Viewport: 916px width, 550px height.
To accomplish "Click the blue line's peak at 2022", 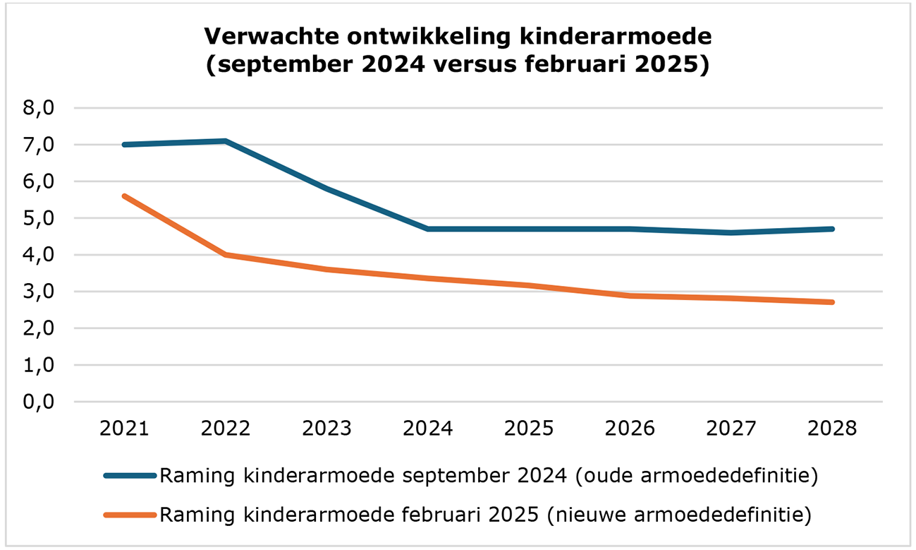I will [x=225, y=141].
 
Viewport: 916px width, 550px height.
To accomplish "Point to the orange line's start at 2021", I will [x=124, y=196].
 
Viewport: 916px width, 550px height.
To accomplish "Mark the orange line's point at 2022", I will [x=225, y=254].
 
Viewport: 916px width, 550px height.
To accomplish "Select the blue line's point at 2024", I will [x=428, y=229].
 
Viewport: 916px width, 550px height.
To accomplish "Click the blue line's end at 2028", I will [x=833, y=229].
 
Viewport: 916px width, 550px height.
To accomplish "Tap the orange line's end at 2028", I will [x=833, y=302].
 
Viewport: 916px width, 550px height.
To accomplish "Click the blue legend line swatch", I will [x=130, y=475].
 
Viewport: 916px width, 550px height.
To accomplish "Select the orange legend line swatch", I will [x=130, y=515].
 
